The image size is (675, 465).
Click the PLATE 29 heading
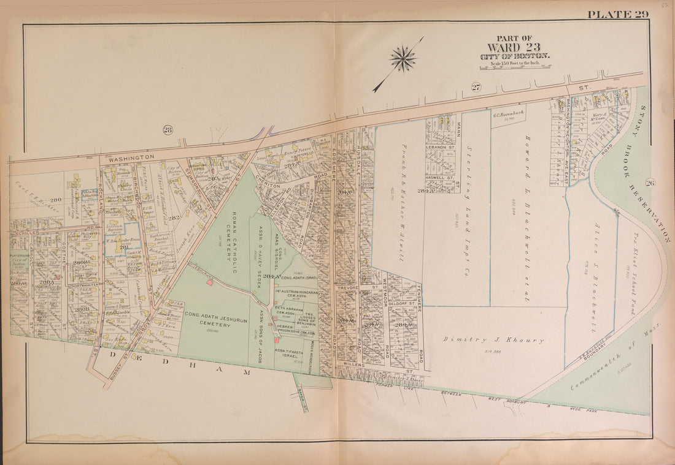tap(617, 15)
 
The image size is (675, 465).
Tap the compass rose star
tap(403, 59)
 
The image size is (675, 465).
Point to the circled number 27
tap(476, 87)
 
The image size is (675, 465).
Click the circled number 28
tap(167, 129)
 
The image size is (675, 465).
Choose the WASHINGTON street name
tap(132, 157)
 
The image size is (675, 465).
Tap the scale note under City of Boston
tap(515, 63)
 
